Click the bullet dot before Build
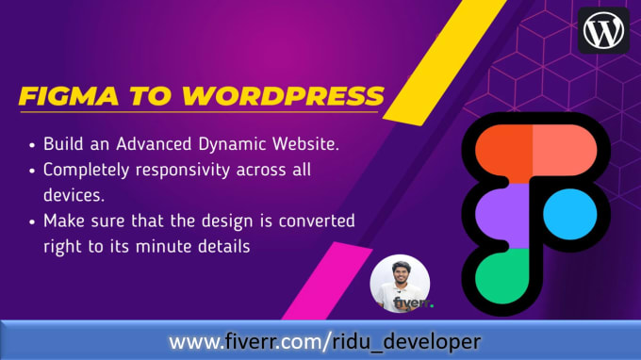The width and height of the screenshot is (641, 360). tap(33, 146)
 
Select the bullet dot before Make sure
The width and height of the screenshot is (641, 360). tap(33, 221)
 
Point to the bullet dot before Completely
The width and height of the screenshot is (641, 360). tap(33, 172)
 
